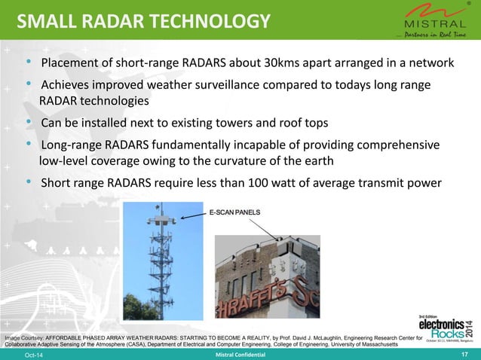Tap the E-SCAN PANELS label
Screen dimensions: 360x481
[234, 213]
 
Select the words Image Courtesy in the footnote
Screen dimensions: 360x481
[26, 338]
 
